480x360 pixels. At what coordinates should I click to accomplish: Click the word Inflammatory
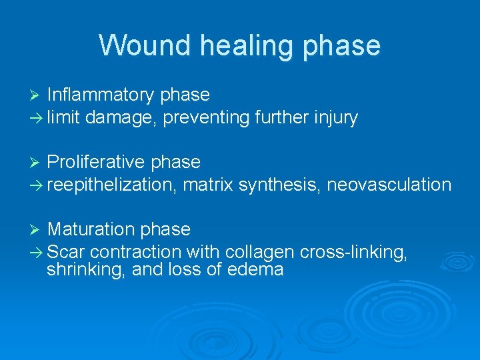101,95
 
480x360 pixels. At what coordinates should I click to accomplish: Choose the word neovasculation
389,185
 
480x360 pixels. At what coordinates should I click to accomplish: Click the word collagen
261,252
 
